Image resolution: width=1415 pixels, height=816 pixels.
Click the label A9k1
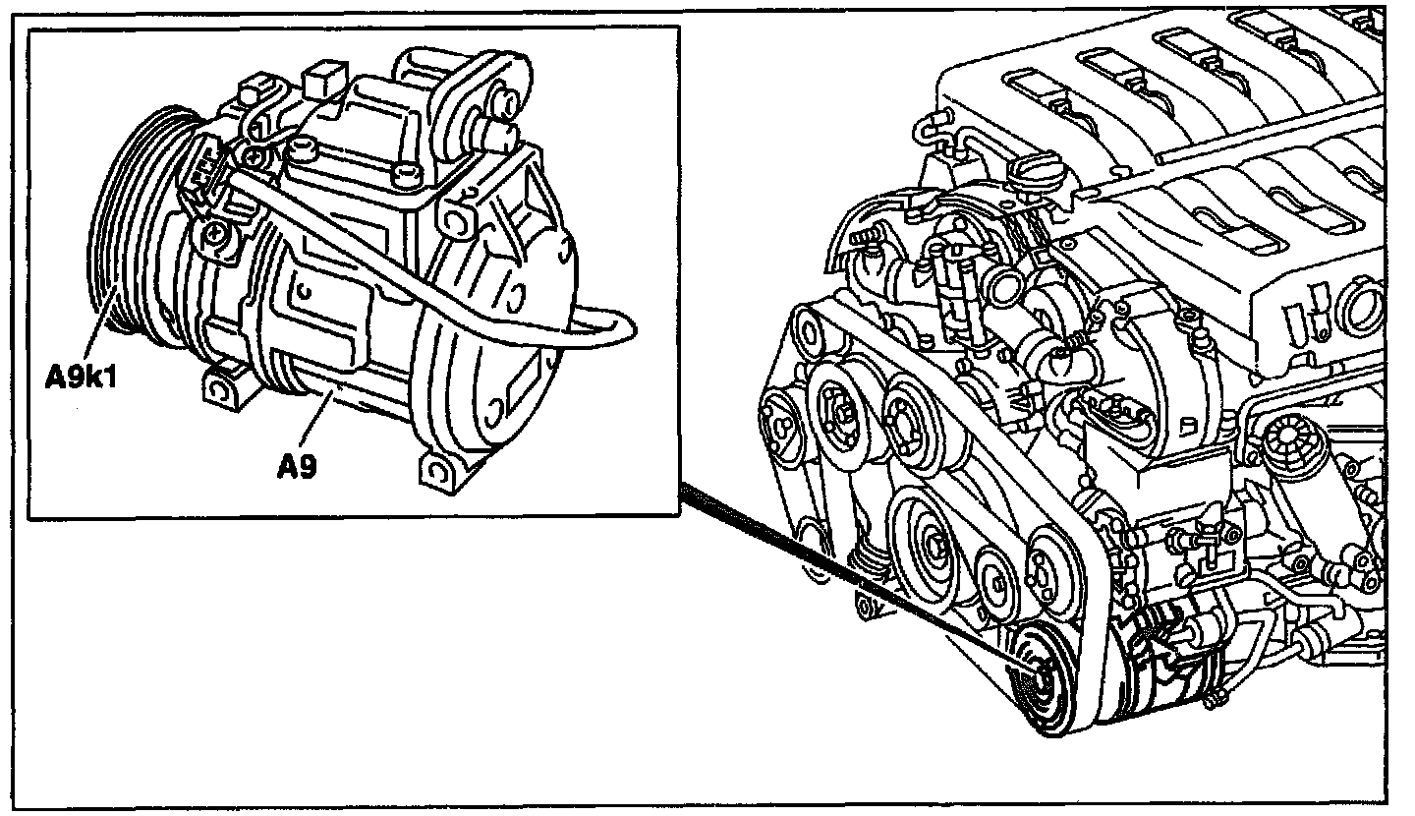pyautogui.click(x=81, y=376)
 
